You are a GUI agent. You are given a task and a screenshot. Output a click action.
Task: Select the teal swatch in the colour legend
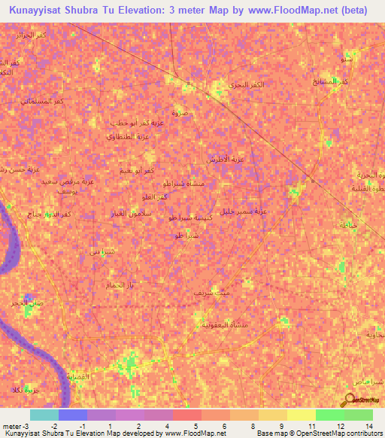[x=44, y=415]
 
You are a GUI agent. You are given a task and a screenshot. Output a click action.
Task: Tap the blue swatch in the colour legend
[x=73, y=415]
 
